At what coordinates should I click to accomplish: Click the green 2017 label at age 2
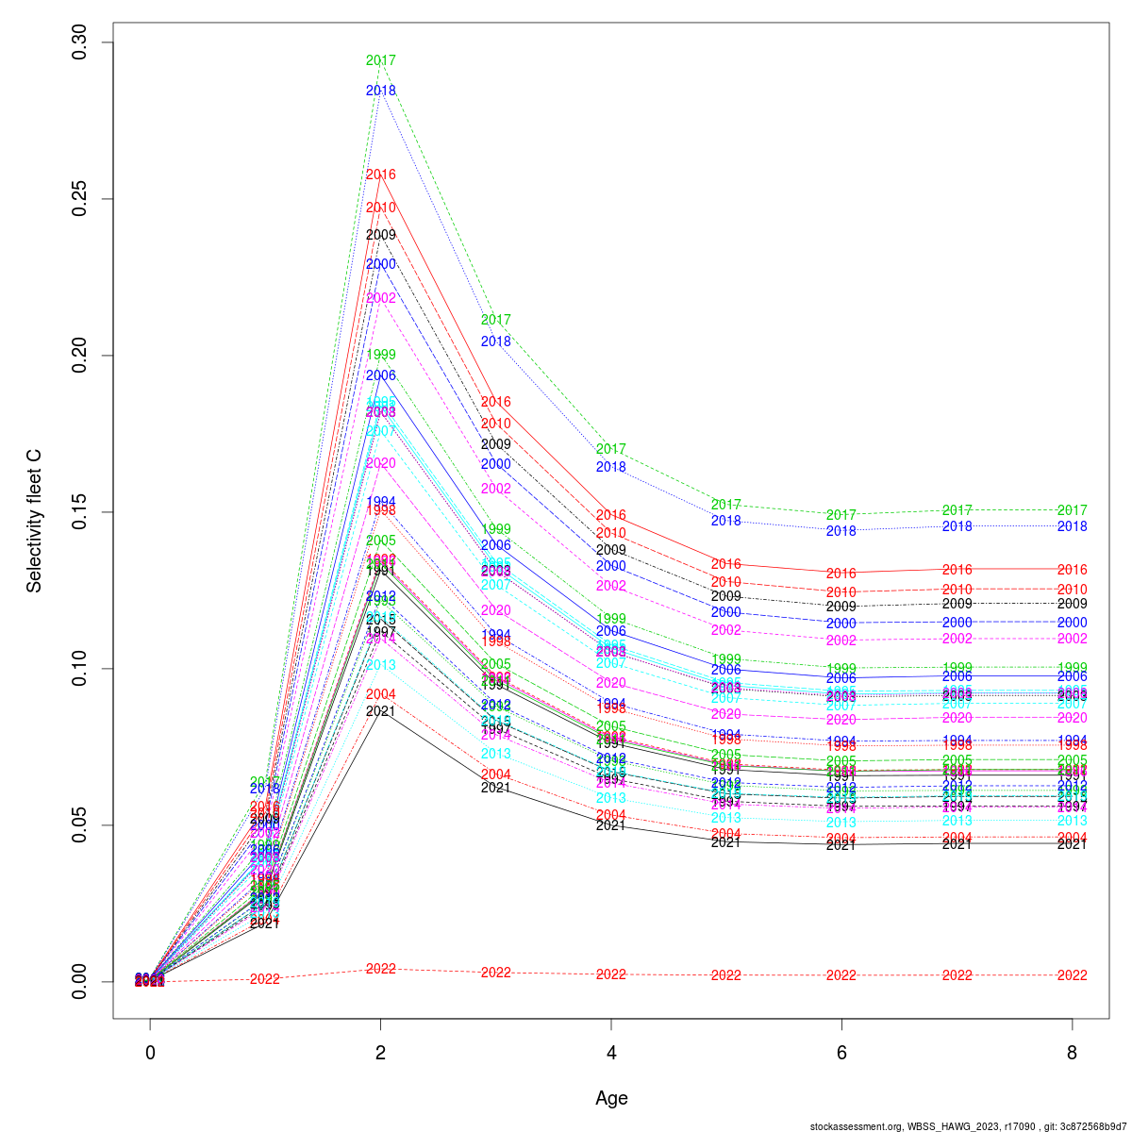(x=380, y=60)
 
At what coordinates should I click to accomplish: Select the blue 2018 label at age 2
(x=380, y=91)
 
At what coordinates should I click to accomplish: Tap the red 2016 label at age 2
(x=380, y=175)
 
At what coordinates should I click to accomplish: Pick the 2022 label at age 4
(x=611, y=974)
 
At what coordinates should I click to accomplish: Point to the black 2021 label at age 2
(x=380, y=711)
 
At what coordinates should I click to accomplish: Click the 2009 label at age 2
(x=380, y=235)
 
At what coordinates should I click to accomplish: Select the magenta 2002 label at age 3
(x=495, y=489)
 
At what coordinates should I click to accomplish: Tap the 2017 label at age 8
(x=1072, y=509)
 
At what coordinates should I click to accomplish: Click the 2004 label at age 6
(x=841, y=839)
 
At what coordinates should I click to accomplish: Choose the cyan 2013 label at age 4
(x=611, y=798)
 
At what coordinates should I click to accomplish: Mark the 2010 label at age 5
(x=725, y=582)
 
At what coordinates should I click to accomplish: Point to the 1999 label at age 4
(x=611, y=619)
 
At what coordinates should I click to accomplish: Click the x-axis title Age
(x=611, y=1098)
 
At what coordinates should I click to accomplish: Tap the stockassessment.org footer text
(x=968, y=1126)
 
